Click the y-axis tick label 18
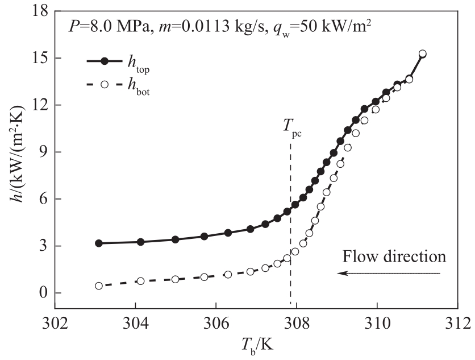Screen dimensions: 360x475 tap(37, 11)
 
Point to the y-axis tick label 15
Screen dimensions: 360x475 tap(37, 59)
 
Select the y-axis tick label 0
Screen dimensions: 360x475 tap(41, 293)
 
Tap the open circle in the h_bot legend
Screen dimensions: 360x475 tap(103, 85)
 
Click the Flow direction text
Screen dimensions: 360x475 tap(394, 256)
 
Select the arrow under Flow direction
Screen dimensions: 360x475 tap(389, 274)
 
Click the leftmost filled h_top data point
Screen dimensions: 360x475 tap(98, 243)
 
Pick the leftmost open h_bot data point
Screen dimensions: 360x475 tap(98, 286)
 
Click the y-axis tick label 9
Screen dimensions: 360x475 tap(41, 152)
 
